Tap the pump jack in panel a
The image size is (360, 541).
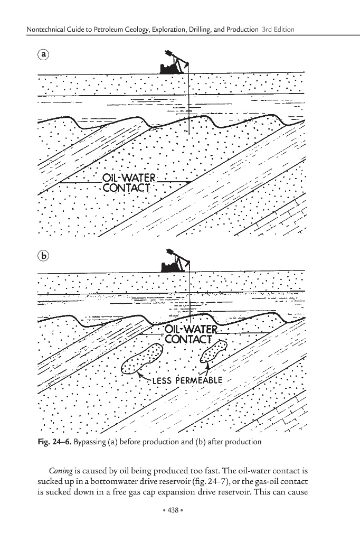(175, 62)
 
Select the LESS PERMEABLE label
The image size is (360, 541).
(184, 380)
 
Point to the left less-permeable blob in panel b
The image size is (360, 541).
(141, 359)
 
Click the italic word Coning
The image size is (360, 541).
(61, 469)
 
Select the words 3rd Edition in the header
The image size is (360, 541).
(278, 30)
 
